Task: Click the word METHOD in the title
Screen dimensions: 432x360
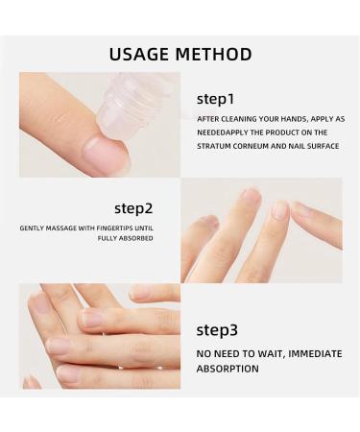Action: tap(215, 54)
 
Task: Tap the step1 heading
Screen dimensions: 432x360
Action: tap(215, 99)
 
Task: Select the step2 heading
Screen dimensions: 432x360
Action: tap(133, 206)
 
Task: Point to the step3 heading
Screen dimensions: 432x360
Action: tap(216, 329)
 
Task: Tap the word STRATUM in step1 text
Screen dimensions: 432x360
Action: tap(217, 147)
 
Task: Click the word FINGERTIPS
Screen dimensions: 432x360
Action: tap(117, 228)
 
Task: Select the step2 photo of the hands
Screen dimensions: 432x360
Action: tap(261, 230)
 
